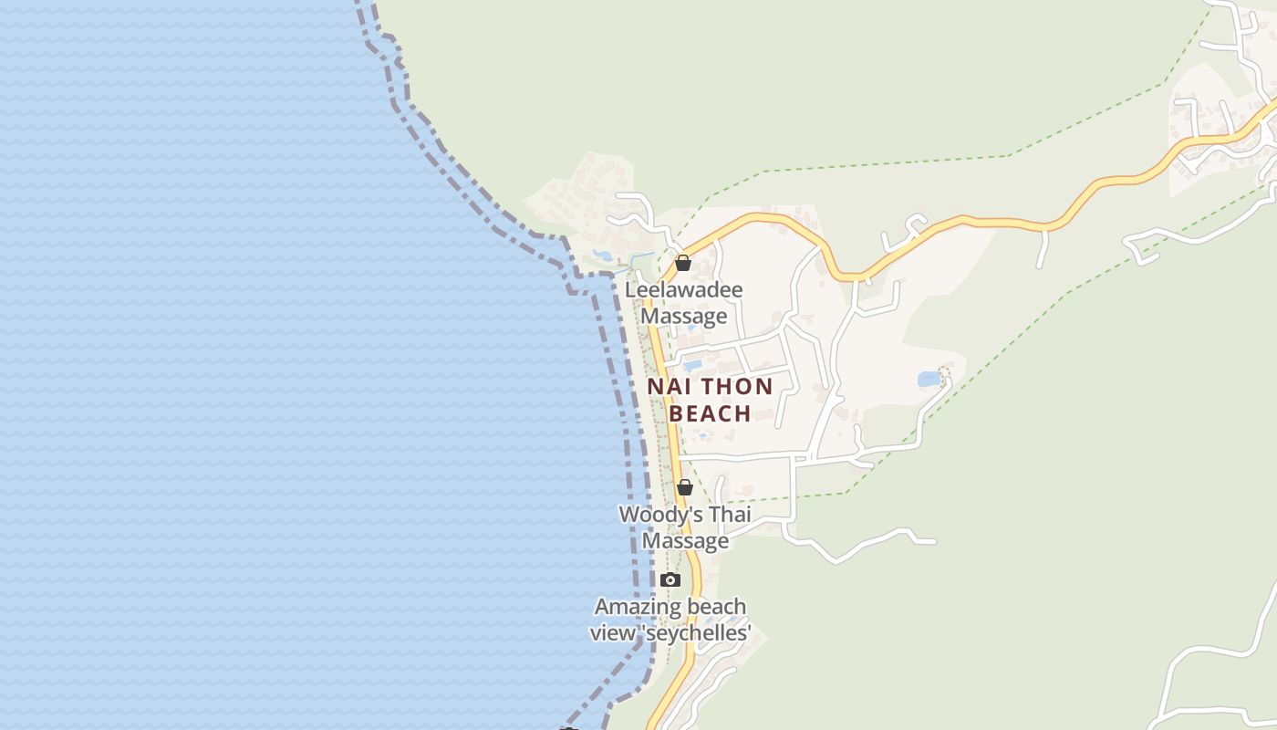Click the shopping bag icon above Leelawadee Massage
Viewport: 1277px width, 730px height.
tap(683, 264)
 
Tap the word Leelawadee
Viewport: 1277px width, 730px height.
tap(683, 290)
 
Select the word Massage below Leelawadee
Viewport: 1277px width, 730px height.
tap(684, 317)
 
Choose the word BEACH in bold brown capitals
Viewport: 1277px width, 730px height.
tap(711, 413)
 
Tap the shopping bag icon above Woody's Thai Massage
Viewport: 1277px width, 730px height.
tap(684, 487)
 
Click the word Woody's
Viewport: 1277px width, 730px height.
tap(651, 515)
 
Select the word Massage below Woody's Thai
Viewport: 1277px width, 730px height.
tap(686, 541)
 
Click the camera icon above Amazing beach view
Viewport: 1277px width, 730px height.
tap(670, 579)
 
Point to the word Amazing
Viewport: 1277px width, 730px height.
tap(632, 607)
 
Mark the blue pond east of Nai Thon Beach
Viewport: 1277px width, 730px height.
tap(929, 379)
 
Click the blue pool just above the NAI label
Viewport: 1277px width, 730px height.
tap(692, 366)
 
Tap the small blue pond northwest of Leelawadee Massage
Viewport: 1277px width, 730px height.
tap(602, 255)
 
